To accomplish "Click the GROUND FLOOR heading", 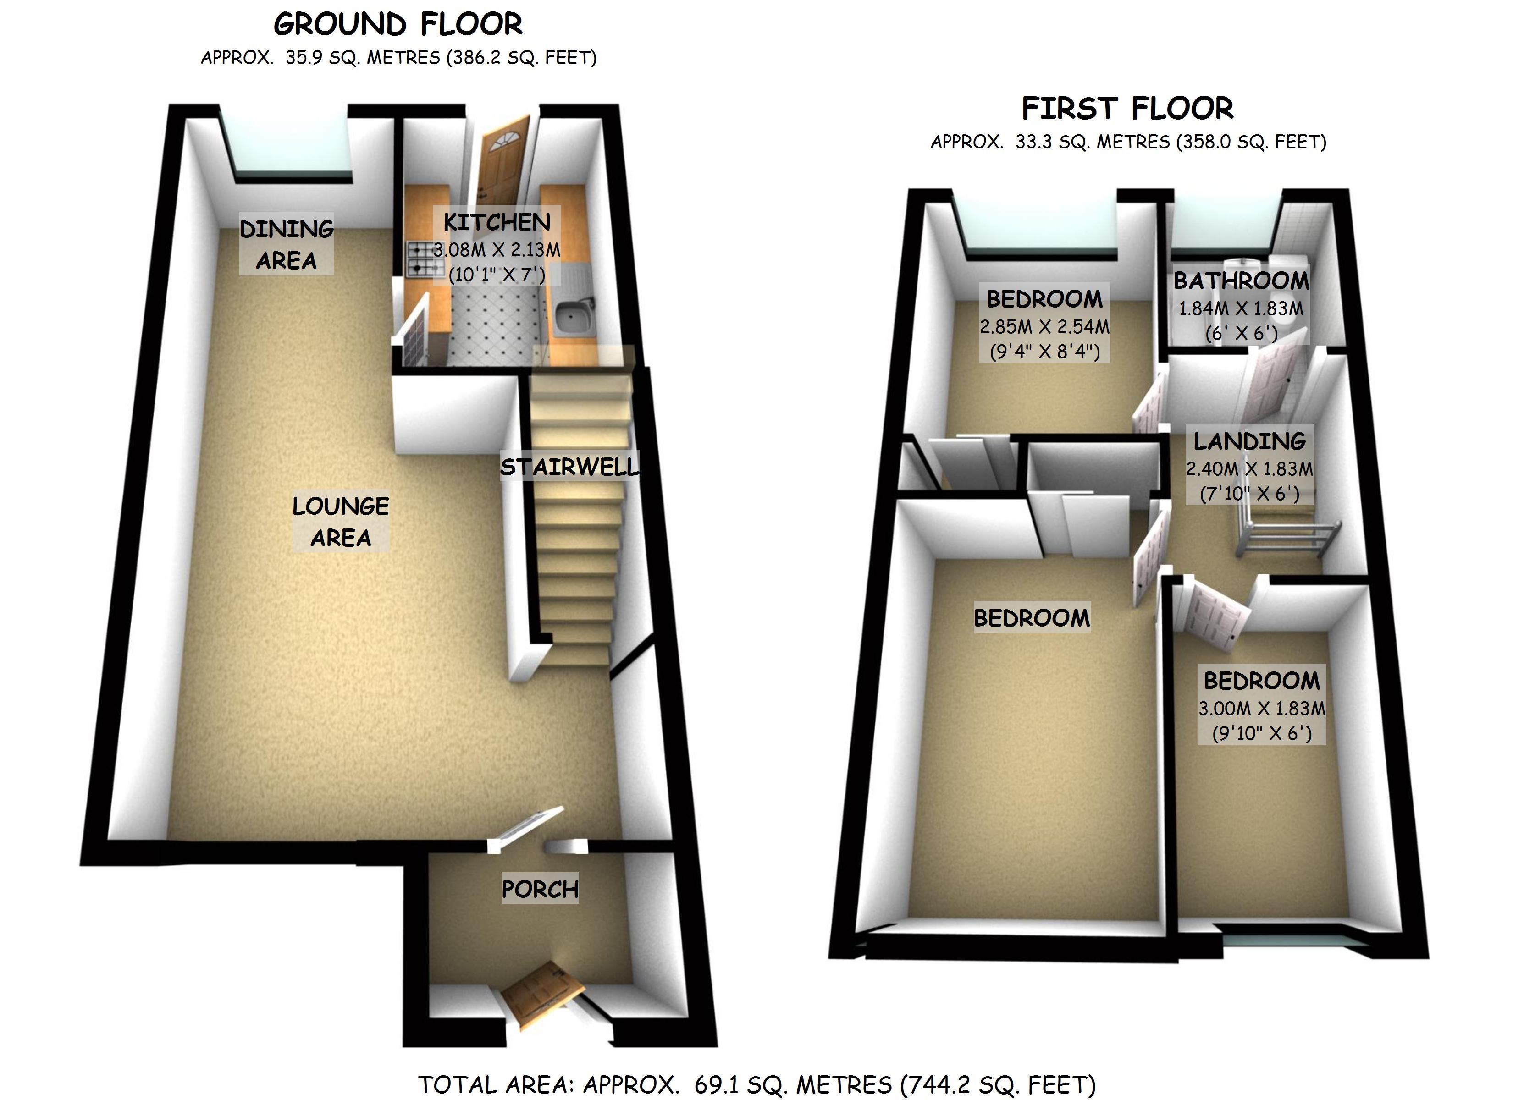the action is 398,25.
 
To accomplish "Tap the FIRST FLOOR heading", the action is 1127,108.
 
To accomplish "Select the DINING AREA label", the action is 287,244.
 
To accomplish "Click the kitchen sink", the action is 574,317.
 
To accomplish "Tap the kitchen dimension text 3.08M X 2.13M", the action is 497,250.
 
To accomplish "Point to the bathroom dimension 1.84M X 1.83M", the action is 1241,309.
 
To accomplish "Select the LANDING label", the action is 1249,441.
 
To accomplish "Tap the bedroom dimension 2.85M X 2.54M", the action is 1045,327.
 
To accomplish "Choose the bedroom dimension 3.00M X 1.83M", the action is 1261,709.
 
